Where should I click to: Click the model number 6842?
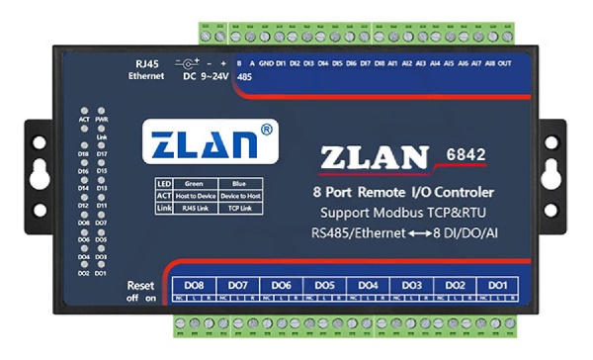(x=466, y=155)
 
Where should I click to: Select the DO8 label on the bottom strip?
(x=196, y=285)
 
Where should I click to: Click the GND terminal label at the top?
(x=267, y=65)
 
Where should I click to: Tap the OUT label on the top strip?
(x=504, y=65)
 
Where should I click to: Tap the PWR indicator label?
(x=102, y=118)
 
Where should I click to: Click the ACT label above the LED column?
(x=84, y=118)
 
